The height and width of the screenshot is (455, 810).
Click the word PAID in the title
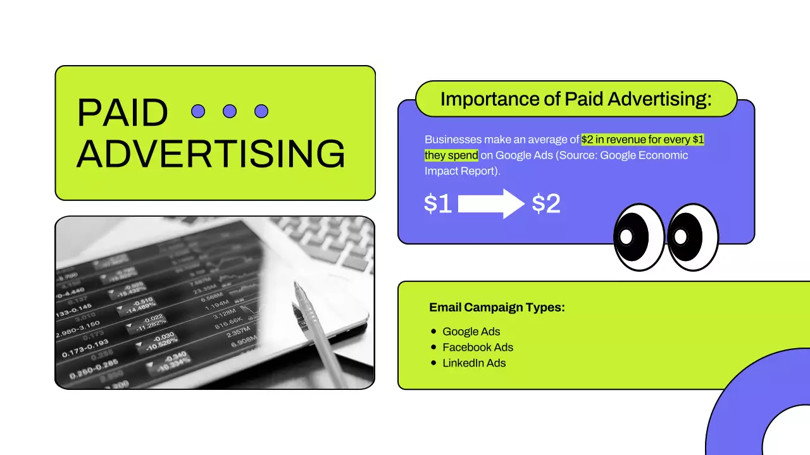tap(122, 113)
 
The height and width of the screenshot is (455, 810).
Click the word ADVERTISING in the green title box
tap(211, 153)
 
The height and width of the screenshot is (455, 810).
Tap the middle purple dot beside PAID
tap(230, 111)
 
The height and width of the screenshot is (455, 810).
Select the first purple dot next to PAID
tap(198, 111)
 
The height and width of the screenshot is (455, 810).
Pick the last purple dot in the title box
tap(261, 111)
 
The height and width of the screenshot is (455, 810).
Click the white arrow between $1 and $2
tap(490, 203)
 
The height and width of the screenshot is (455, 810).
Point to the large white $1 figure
tap(438, 203)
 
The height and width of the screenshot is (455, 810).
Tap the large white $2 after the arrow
tap(546, 203)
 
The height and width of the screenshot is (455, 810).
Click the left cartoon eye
tap(639, 237)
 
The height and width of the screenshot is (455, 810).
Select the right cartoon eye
tap(693, 237)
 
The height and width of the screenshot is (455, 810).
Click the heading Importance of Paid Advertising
tap(576, 99)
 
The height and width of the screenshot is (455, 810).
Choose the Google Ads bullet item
tap(471, 332)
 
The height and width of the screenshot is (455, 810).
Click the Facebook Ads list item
tap(478, 348)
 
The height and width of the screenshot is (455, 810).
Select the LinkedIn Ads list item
tap(474, 363)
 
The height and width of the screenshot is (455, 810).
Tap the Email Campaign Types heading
tap(497, 308)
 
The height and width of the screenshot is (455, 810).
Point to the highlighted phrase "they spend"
tap(451, 155)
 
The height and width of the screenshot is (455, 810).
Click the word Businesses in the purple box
tap(453, 140)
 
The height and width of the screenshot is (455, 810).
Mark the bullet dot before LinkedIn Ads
tap(433, 363)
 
